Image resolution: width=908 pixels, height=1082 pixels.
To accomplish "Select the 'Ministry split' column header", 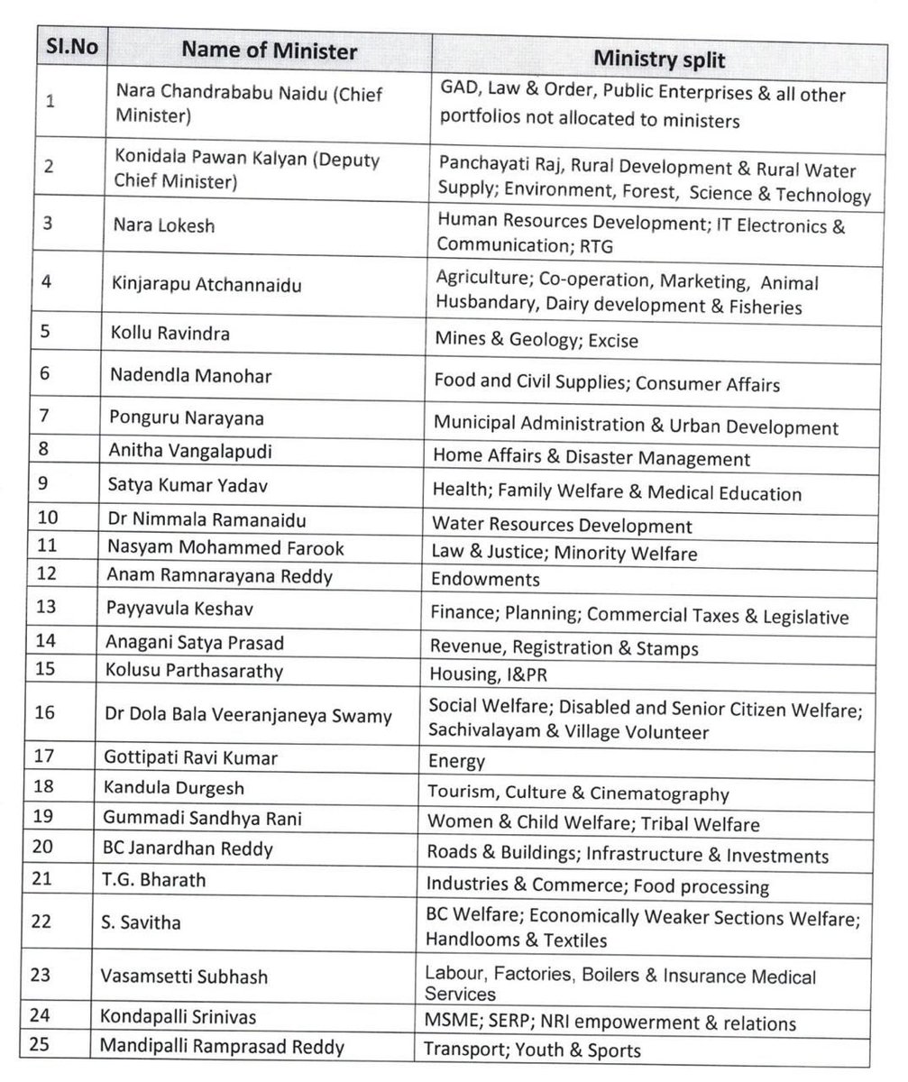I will pyautogui.click(x=660, y=59).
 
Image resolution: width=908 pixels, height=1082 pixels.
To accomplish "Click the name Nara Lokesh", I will pyautogui.click(x=165, y=225).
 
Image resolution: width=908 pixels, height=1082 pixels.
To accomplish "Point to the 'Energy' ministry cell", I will pyautogui.click(x=458, y=762).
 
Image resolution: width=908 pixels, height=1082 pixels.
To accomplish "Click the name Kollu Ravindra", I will pyautogui.click(x=172, y=334).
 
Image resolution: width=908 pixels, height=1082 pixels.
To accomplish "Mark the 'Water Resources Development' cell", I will pyautogui.click(x=562, y=525).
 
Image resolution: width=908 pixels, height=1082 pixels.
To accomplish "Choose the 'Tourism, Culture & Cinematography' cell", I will pyautogui.click(x=578, y=794).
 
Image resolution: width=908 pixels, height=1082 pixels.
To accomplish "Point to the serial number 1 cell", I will pyautogui.click(x=50, y=102).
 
